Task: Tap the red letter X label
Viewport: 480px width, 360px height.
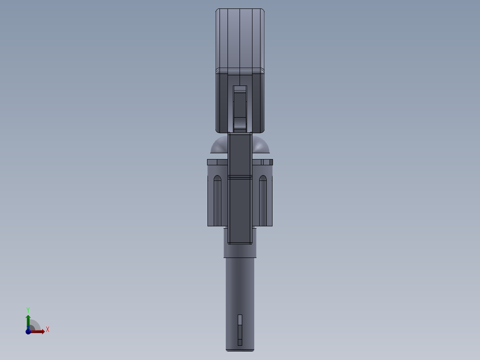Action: [47, 330]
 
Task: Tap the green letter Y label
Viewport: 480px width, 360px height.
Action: [28, 309]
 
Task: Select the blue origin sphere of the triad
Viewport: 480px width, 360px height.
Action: [28, 331]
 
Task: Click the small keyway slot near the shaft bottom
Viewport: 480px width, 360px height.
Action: [240, 330]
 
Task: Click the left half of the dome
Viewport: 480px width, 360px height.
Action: [219, 146]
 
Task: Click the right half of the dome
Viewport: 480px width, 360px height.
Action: [261, 146]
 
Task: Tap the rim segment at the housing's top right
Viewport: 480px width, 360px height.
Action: [266, 162]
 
